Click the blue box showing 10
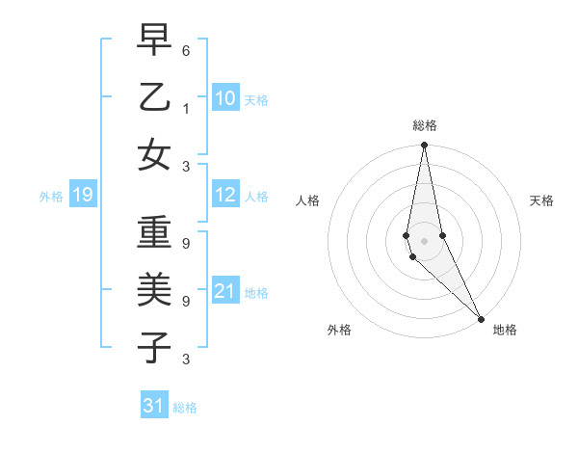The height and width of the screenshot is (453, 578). pyautogui.click(x=224, y=97)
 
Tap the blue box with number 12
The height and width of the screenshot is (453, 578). pyautogui.click(x=224, y=195)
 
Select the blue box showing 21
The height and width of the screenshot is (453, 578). pyautogui.click(x=224, y=291)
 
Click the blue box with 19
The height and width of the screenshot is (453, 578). pyautogui.click(x=82, y=196)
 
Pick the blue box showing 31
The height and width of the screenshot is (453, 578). pyautogui.click(x=153, y=406)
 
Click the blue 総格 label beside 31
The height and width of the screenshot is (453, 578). pyautogui.click(x=185, y=407)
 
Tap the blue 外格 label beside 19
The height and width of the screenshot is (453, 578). pyautogui.click(x=51, y=197)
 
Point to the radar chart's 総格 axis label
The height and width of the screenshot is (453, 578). pyautogui.click(x=425, y=125)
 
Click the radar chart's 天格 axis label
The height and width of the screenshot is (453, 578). pyautogui.click(x=542, y=200)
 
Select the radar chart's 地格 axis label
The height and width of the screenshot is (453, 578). pyautogui.click(x=505, y=330)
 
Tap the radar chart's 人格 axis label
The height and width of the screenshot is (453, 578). pyautogui.click(x=307, y=200)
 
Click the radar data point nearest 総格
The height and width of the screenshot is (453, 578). pyautogui.click(x=425, y=146)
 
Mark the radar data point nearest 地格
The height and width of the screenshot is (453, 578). pyautogui.click(x=481, y=317)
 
